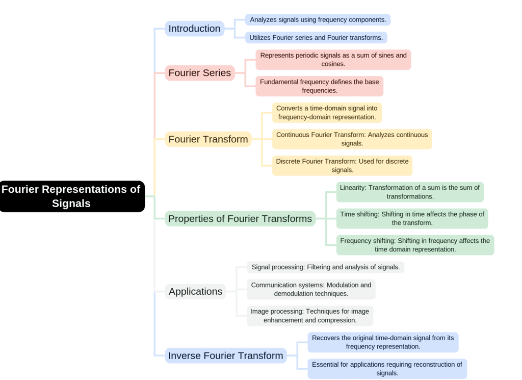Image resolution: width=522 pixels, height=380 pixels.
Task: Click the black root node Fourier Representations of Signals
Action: tap(71, 196)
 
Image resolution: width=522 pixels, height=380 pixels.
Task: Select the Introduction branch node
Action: tap(194, 29)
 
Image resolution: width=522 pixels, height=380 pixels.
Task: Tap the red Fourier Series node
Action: tap(199, 73)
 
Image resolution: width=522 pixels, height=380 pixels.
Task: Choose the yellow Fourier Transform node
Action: tap(208, 139)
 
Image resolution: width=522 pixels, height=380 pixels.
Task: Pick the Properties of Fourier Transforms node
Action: tap(240, 219)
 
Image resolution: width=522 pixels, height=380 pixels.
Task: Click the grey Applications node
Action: tap(195, 292)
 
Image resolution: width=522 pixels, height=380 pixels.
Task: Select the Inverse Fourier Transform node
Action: tap(225, 356)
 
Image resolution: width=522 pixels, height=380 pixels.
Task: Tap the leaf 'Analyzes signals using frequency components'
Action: tap(318, 20)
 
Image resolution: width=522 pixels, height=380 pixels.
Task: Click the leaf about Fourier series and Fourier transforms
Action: tap(316, 38)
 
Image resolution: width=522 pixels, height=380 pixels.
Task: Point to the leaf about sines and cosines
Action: tap(333, 60)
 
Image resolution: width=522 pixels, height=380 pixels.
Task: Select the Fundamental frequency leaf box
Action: tap(319, 86)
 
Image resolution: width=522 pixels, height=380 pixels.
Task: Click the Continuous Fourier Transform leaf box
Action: tap(352, 139)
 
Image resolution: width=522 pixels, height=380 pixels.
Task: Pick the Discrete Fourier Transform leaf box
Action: tap(342, 166)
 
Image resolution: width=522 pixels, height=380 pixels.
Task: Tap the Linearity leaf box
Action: tap(409, 192)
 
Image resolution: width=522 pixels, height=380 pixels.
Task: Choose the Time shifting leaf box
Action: tap(412, 218)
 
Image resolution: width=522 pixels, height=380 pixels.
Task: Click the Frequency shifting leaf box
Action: tap(415, 245)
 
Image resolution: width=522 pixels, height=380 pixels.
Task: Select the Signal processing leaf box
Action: tap(325, 267)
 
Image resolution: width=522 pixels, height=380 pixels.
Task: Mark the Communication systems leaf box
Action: tap(311, 289)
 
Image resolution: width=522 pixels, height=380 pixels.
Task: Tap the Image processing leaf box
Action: tap(309, 316)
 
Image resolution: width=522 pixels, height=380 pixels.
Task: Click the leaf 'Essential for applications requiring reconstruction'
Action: tap(387, 369)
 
